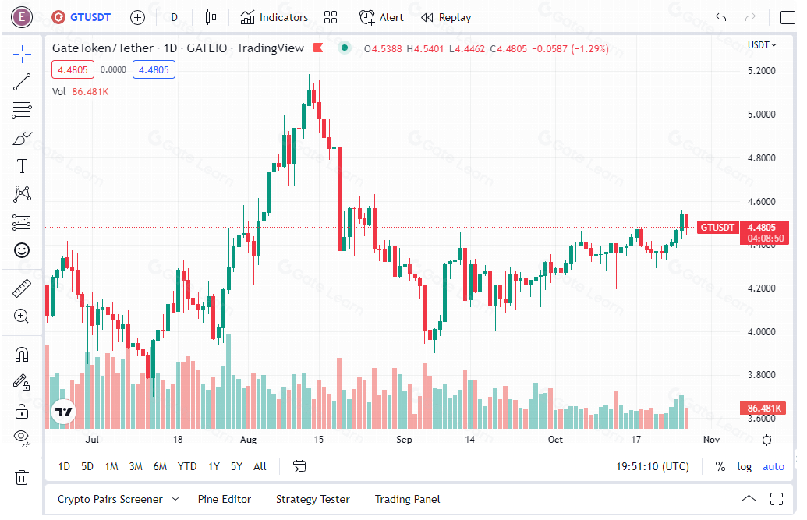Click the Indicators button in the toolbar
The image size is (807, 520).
274,17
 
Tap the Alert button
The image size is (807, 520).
381,17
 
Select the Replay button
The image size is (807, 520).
446,17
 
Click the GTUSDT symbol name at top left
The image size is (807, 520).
90,17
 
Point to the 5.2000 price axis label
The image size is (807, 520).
761,70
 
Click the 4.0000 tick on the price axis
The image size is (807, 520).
761,331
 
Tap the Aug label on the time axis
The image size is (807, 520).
248,439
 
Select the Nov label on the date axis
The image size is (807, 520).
711,439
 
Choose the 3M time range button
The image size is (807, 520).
136,466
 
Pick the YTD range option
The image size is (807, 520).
187,466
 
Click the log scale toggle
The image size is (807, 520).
744,466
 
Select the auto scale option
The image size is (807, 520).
773,466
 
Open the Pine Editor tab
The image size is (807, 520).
225,499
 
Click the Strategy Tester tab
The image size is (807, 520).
313,499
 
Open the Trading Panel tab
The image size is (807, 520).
407,499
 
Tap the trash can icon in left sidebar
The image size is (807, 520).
22,477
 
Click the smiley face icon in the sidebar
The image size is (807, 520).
22,251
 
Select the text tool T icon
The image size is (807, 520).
22,166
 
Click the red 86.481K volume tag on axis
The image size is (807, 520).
764,409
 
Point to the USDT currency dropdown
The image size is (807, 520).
762,44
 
